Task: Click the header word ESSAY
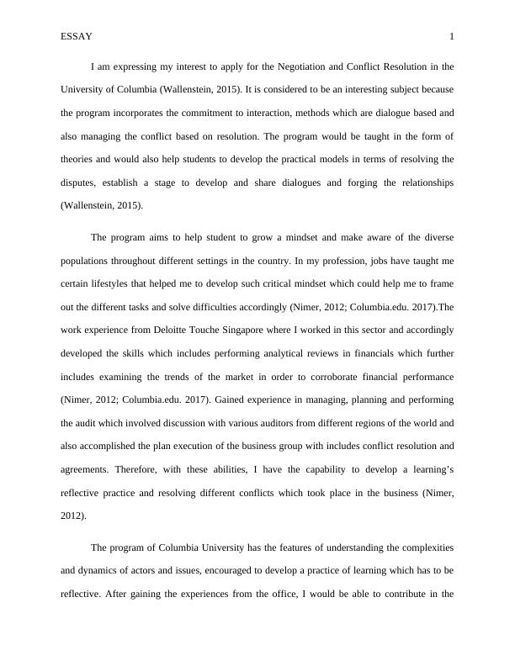pos(77,36)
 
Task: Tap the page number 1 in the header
pos(452,36)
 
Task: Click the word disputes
pos(79,182)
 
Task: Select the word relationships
pos(418,182)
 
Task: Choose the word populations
pos(88,261)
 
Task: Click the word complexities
pos(417,547)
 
